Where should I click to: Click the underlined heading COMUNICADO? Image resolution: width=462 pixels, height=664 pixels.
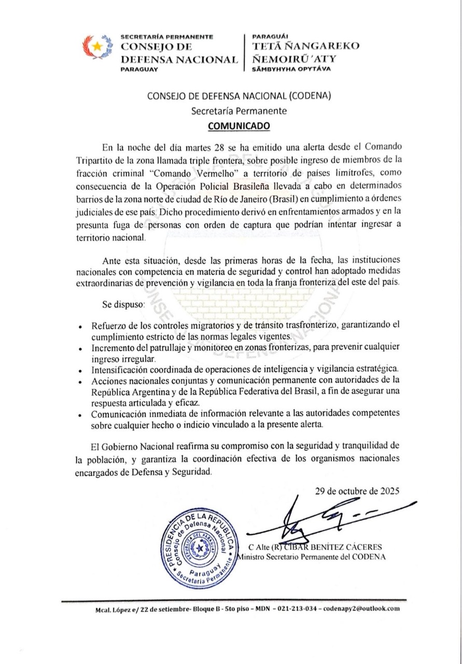coord(239,125)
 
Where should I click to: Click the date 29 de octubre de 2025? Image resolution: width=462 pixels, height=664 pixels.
coord(357,492)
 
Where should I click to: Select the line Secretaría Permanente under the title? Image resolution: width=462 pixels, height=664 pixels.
coord(239,110)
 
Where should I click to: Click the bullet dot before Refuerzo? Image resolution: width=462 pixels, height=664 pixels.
coord(79,328)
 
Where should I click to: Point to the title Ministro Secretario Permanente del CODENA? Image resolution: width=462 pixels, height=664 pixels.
coord(311,557)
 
